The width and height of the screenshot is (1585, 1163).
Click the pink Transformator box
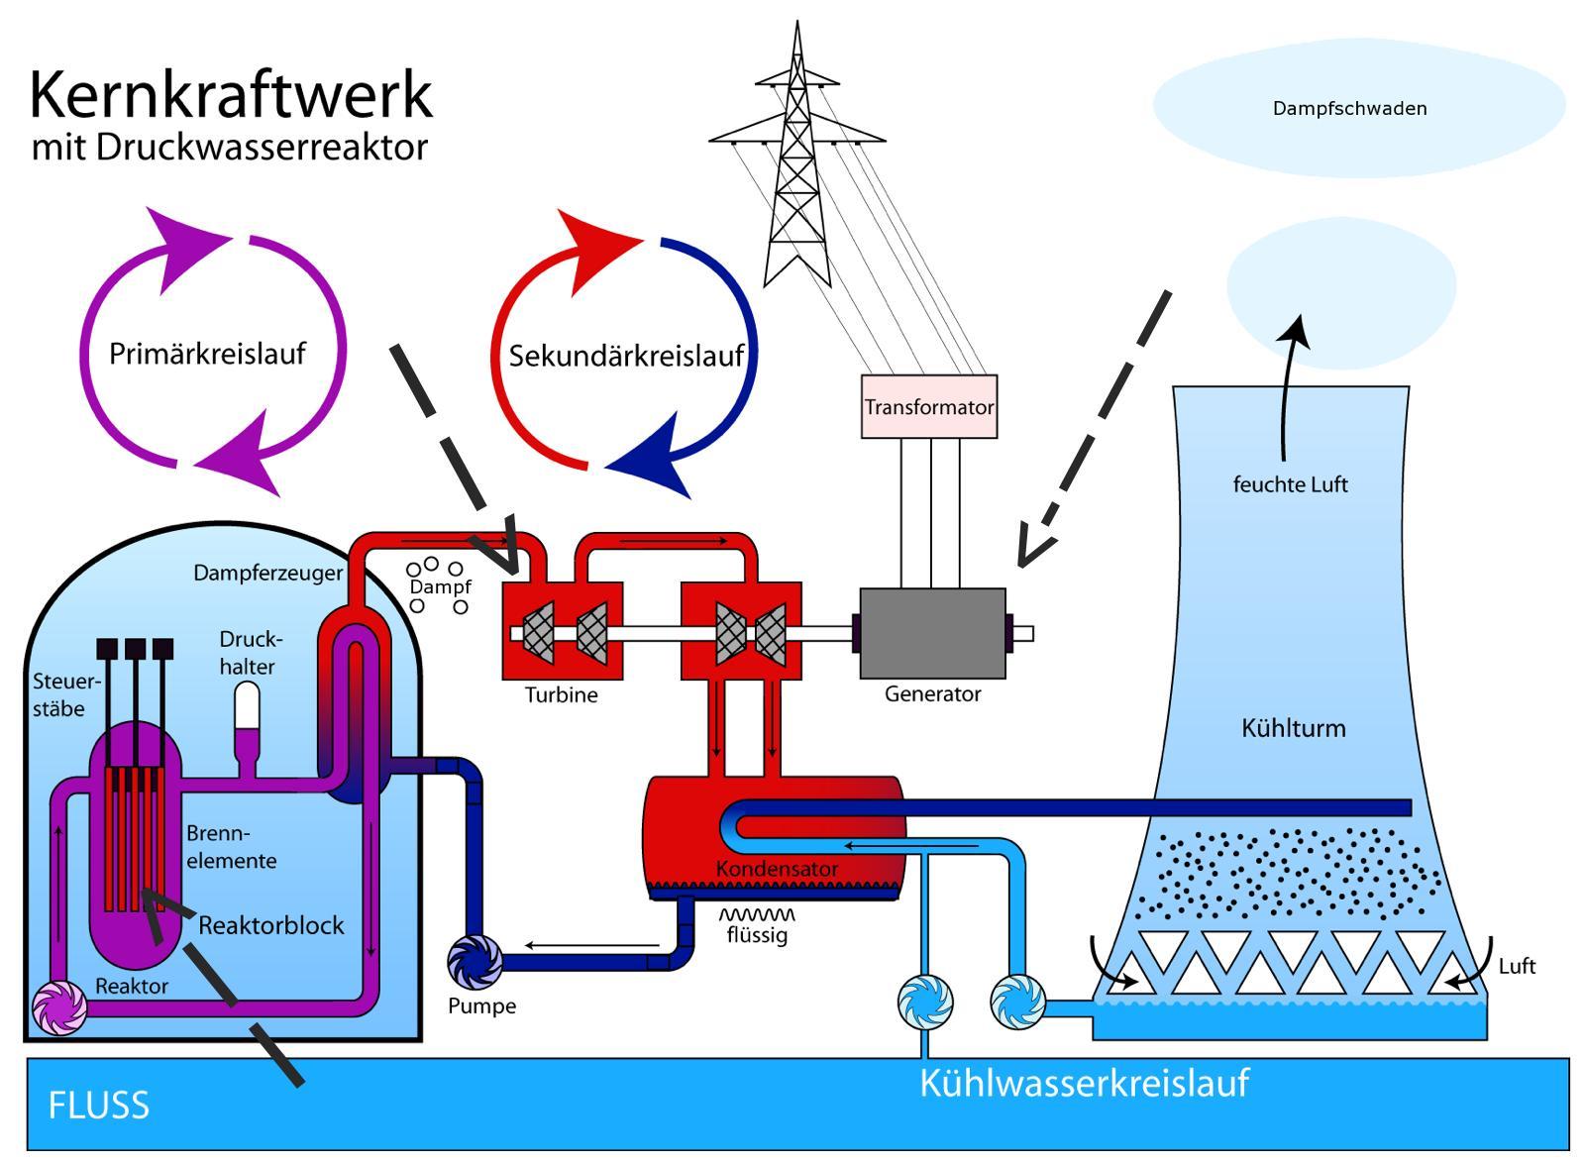[x=928, y=406]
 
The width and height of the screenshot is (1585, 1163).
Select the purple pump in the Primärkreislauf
[x=59, y=1008]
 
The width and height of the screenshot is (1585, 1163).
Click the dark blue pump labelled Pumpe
[x=475, y=961]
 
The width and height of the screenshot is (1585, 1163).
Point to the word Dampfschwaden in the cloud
[x=1349, y=108]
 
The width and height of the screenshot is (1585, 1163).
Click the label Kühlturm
[x=1293, y=728]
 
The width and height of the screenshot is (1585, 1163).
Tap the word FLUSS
[x=98, y=1105]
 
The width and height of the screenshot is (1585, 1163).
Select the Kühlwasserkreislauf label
[x=1084, y=1083]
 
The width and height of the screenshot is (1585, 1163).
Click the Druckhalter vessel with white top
[x=247, y=718]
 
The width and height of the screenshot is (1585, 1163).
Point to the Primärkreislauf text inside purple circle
[x=207, y=354]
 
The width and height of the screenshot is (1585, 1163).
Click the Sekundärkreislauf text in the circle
[x=626, y=356]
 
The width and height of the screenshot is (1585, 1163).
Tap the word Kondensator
[x=777, y=869]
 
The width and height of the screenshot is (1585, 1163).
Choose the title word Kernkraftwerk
[x=231, y=95]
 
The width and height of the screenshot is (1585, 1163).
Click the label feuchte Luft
[x=1290, y=484]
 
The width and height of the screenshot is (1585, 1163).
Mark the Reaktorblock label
[x=271, y=925]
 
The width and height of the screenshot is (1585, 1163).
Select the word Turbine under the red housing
[x=561, y=695]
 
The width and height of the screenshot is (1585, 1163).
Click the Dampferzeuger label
[x=267, y=573]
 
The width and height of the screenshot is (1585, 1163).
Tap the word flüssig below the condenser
[x=757, y=934]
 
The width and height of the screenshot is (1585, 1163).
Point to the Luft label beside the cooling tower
[x=1517, y=966]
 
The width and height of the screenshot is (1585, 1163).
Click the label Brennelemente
[x=231, y=847]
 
